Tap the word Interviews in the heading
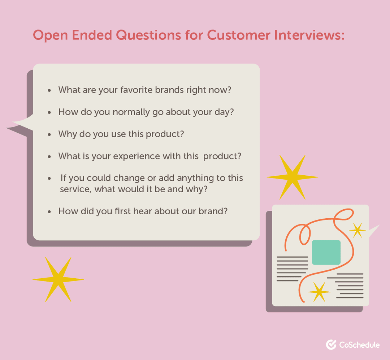point(309,35)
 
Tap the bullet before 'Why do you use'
point(49,134)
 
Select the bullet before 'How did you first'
point(49,211)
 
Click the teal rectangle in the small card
point(326,252)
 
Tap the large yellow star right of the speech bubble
point(292,177)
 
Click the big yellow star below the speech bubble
point(58,279)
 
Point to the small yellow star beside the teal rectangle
point(357,230)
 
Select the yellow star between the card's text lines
point(319,292)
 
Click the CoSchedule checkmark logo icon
point(331,344)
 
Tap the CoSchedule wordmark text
point(359,345)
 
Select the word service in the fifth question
point(75,189)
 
